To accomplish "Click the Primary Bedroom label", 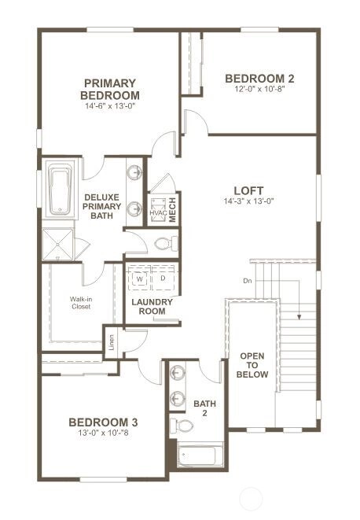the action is coord(110,89).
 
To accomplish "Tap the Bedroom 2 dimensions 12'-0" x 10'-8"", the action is coord(259,89).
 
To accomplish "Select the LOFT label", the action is coord(248,190).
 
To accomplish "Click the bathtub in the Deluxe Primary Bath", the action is coord(60,190).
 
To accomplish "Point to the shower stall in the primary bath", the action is coord(57,245).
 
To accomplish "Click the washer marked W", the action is coord(140,279).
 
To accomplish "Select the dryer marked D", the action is coord(163,278).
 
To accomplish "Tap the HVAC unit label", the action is coord(158,212).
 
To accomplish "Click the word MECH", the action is coord(173,209).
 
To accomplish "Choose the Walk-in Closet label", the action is coord(81,303).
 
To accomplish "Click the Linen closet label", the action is coord(112,342).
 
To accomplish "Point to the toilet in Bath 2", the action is coord(182,426).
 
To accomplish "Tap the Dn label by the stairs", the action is coord(248,281).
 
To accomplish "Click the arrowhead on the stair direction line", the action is coord(299,317).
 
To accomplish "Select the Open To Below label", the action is coord(252,365).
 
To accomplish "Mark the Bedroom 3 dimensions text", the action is coord(103,433).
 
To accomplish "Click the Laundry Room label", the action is coord(152,307).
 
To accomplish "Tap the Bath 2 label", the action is coord(204,408).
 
